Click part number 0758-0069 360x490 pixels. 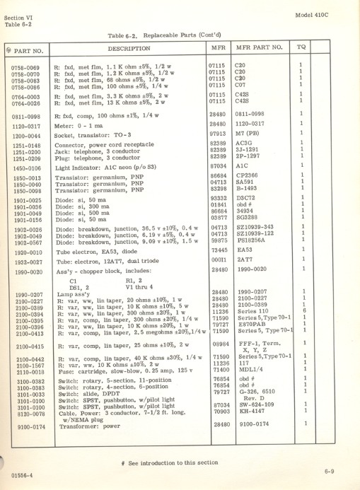coord(25,66)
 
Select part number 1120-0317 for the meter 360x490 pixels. coord(25,124)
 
